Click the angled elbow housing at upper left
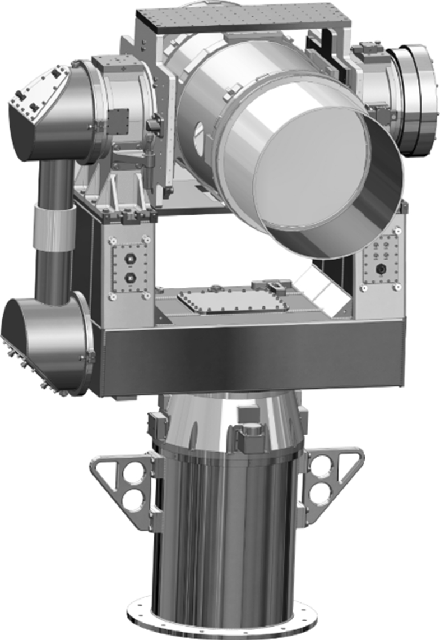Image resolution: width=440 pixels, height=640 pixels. tap(39, 112)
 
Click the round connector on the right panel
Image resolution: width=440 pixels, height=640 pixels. tap(382, 268)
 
